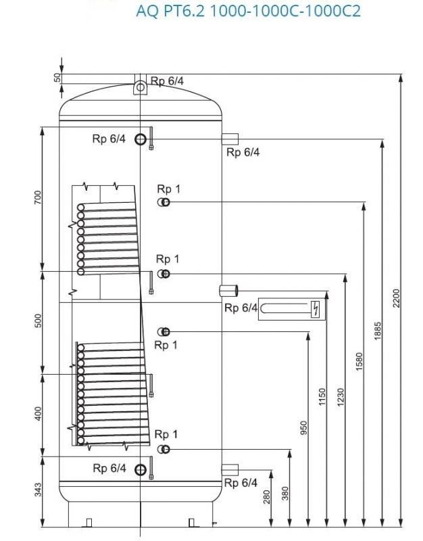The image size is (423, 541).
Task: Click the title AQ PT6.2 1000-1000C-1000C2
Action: click(x=248, y=11)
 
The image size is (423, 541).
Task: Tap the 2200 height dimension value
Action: click(x=397, y=298)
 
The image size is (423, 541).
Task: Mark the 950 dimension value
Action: click(x=304, y=427)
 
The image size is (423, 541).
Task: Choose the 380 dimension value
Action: click(x=285, y=494)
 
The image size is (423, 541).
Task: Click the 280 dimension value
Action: click(x=267, y=497)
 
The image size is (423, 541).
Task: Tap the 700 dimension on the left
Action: click(x=39, y=197)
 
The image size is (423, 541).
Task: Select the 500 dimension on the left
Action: click(x=39, y=321)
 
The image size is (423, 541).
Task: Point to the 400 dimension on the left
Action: click(x=39, y=413)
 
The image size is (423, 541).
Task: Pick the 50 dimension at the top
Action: click(x=57, y=78)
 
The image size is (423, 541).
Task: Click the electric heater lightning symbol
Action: click(x=315, y=310)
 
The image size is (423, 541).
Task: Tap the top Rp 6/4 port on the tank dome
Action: click(x=139, y=87)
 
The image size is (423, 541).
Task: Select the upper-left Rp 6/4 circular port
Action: click(x=140, y=139)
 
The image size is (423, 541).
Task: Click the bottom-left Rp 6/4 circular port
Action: click(x=140, y=470)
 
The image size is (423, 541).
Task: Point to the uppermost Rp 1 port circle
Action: click(x=164, y=202)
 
